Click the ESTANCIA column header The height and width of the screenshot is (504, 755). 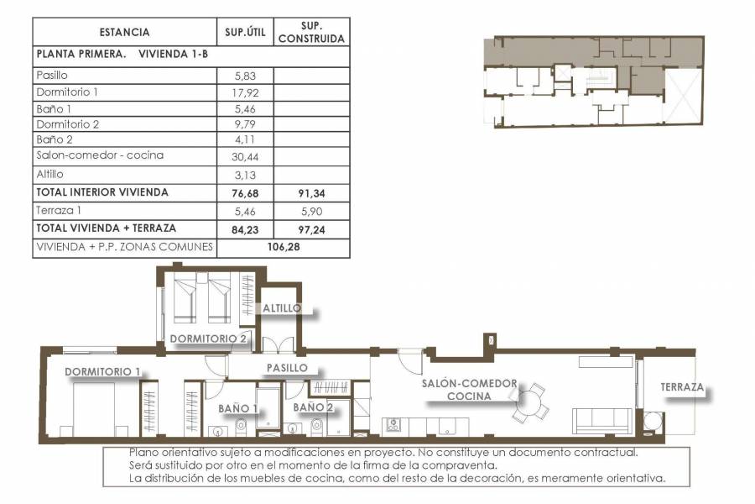tap(124, 33)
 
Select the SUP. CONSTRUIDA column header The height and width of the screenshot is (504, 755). tap(310, 33)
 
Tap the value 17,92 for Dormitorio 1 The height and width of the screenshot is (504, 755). tap(245, 92)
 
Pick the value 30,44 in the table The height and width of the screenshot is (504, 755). tap(245, 156)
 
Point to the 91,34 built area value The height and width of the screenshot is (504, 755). tap(310, 193)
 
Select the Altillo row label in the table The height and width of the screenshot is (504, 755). tap(50, 174)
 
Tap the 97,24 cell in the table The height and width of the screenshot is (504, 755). tap(310, 228)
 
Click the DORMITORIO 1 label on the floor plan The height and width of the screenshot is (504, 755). tap(102, 371)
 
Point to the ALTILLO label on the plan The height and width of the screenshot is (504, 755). tap(281, 308)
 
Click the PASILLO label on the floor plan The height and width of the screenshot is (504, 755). tap(287, 368)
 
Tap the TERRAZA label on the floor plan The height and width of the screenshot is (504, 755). tap(681, 388)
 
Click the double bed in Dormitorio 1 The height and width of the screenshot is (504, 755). tap(98, 411)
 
